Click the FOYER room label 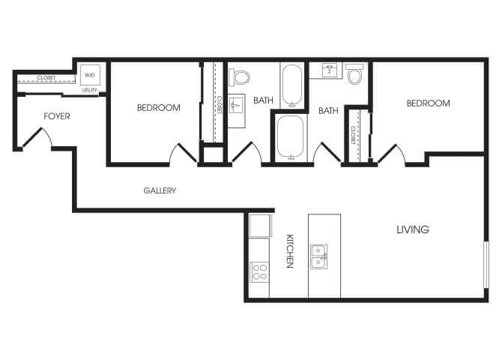pyautogui.click(x=57, y=116)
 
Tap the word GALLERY pyautogui.click(x=160, y=190)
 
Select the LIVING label pyautogui.click(x=413, y=229)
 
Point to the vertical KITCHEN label pyautogui.click(x=288, y=250)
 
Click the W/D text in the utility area pyautogui.click(x=90, y=75)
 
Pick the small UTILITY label pyautogui.click(x=90, y=89)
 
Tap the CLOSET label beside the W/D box pyautogui.click(x=46, y=78)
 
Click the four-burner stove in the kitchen pyautogui.click(x=259, y=271)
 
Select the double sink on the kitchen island pyautogui.click(x=319, y=255)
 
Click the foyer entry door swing pyautogui.click(x=36, y=137)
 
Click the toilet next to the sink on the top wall pyautogui.click(x=355, y=75)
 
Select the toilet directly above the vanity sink pyautogui.click(x=241, y=76)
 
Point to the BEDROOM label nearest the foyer pyautogui.click(x=159, y=108)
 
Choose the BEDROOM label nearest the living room pyautogui.click(x=428, y=103)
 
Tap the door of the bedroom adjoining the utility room pyautogui.click(x=184, y=154)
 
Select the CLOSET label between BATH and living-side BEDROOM pyautogui.click(x=353, y=134)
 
